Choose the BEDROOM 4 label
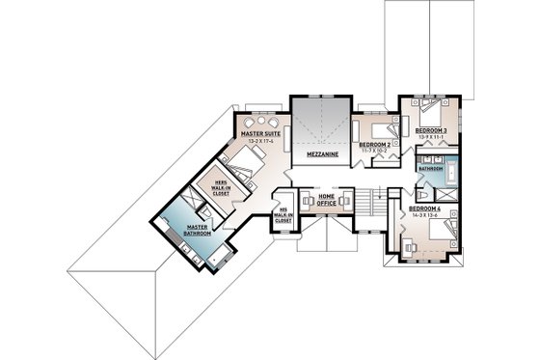(424, 208)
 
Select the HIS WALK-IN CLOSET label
(283, 216)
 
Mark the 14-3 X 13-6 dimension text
(424, 214)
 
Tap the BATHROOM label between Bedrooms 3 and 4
(431, 168)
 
